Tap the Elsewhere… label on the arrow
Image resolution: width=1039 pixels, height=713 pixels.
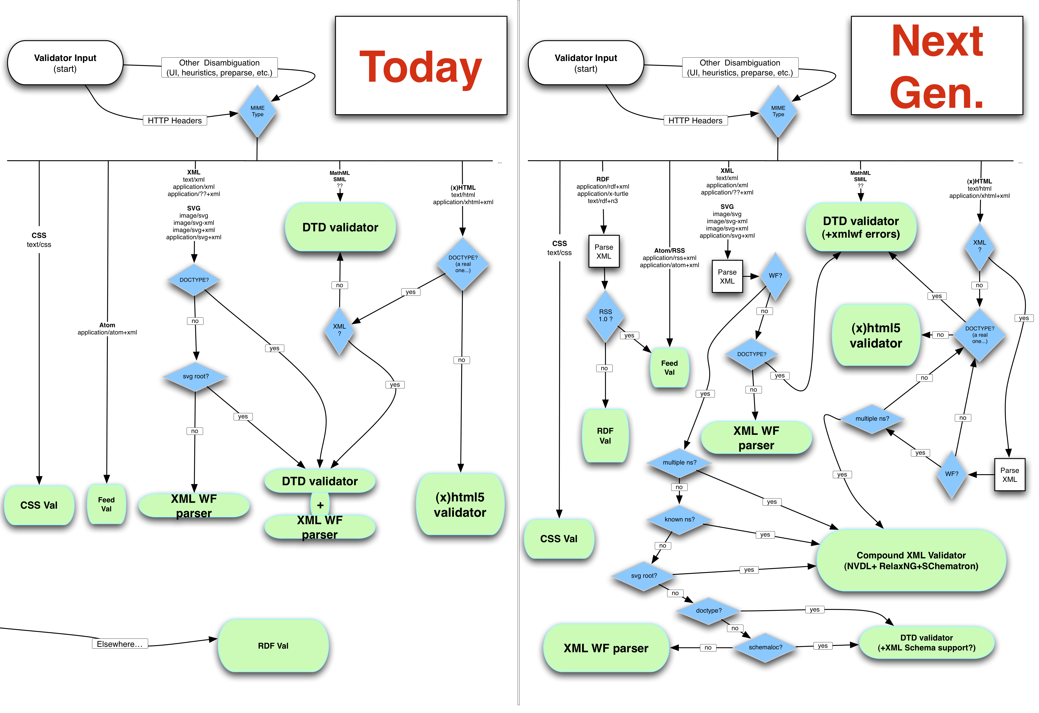point(119,644)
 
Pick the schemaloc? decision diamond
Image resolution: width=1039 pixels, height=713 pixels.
point(765,647)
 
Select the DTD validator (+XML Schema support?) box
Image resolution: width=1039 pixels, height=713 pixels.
point(926,642)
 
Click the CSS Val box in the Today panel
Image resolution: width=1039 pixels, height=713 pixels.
point(39,505)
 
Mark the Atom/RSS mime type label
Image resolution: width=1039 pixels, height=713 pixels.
point(669,258)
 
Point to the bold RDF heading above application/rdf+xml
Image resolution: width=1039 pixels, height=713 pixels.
point(603,179)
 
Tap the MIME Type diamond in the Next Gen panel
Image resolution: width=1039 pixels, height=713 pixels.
point(778,111)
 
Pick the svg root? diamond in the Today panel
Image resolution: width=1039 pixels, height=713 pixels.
point(195,376)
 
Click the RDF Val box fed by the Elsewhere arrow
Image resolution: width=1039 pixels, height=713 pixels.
point(273,645)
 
